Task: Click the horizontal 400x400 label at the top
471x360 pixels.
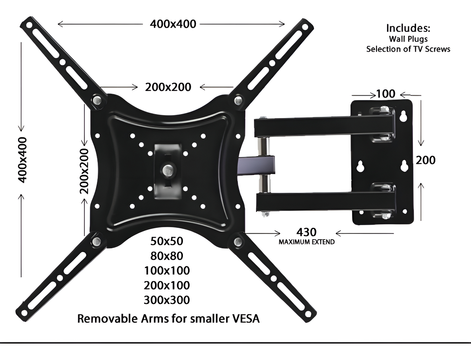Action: pyautogui.click(x=173, y=24)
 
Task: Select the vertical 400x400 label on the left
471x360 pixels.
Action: pyautogui.click(x=22, y=160)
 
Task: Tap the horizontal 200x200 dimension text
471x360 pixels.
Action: pyautogui.click(x=168, y=87)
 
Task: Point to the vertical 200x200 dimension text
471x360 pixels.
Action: pyautogui.click(x=84, y=171)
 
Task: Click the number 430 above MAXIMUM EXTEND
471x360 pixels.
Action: pyautogui.click(x=307, y=232)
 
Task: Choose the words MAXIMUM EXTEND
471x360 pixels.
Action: pyautogui.click(x=307, y=242)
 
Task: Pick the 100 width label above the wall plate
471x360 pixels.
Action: pyautogui.click(x=385, y=94)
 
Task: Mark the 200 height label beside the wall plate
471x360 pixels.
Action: pyautogui.click(x=426, y=160)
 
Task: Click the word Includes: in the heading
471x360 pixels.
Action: pyautogui.click(x=408, y=28)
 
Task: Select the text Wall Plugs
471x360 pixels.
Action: pyautogui.click(x=408, y=39)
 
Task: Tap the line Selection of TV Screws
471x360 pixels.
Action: pyautogui.click(x=408, y=49)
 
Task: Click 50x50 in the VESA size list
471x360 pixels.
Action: pyautogui.click(x=166, y=241)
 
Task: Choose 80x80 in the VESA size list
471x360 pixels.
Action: pyautogui.click(x=166, y=256)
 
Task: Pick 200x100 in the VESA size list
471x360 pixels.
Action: pyautogui.click(x=166, y=285)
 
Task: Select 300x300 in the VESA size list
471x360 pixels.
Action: pyautogui.click(x=166, y=300)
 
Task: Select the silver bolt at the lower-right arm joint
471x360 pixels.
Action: pyautogui.click(x=237, y=241)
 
